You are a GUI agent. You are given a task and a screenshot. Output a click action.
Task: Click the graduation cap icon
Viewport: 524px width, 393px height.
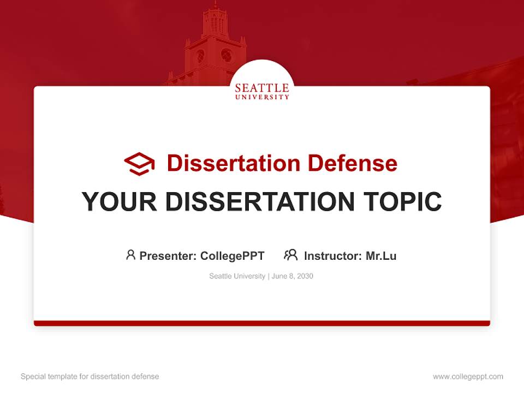pyautogui.click(x=139, y=164)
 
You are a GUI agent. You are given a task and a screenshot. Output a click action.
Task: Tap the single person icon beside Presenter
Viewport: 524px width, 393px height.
pyautogui.click(x=130, y=255)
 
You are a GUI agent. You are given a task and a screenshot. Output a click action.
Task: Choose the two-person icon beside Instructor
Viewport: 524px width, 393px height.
pyautogui.click(x=291, y=255)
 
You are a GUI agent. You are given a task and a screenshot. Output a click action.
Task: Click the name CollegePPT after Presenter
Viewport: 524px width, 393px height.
pyautogui.click(x=233, y=256)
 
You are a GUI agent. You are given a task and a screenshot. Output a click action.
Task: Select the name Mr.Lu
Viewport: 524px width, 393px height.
pyautogui.click(x=381, y=256)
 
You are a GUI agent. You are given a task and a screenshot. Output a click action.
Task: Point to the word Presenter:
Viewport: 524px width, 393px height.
pyautogui.click(x=168, y=256)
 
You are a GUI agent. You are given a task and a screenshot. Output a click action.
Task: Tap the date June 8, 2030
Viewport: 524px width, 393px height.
pyautogui.click(x=293, y=276)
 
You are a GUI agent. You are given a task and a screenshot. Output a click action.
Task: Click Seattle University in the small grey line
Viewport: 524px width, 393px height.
pyautogui.click(x=237, y=276)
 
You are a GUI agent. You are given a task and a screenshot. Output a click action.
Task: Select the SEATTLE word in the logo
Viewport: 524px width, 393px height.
pyautogui.click(x=262, y=88)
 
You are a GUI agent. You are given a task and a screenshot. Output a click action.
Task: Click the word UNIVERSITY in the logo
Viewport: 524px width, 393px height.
pyautogui.click(x=262, y=97)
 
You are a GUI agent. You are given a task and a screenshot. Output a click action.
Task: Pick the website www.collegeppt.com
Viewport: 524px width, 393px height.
pyautogui.click(x=468, y=377)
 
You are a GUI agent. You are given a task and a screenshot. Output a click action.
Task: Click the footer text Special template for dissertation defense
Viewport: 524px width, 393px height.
pyautogui.click(x=90, y=377)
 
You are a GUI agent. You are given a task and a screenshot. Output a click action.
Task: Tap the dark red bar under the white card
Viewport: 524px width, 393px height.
pyautogui.click(x=262, y=323)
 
